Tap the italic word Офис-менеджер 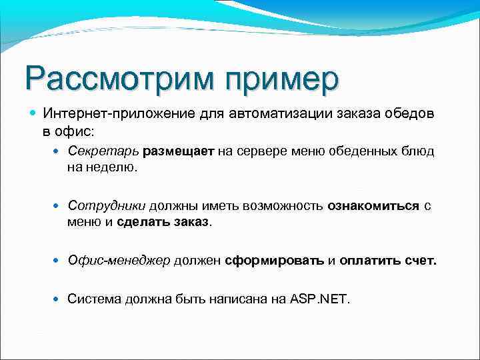[x=119, y=261]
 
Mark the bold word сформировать [x=274, y=261]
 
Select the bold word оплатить [x=371, y=261]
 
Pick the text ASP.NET [x=320, y=299]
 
